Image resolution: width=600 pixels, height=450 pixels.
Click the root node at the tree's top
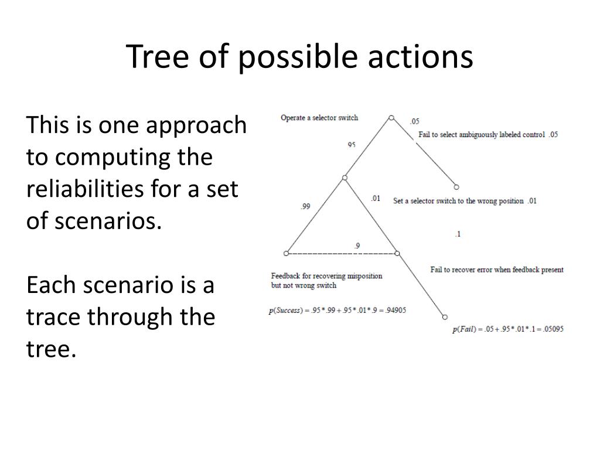click(391, 118)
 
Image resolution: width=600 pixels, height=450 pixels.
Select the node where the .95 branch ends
click(345, 177)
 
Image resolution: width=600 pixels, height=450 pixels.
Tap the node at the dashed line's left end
click(286, 253)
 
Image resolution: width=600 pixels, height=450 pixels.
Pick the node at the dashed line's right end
click(397, 253)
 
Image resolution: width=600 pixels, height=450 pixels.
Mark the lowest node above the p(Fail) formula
click(445, 316)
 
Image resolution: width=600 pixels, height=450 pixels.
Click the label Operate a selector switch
click(319, 118)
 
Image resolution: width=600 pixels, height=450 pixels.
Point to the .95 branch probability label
click(351, 144)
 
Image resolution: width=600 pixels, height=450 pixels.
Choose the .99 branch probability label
click(305, 206)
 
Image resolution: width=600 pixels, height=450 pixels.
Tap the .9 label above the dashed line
click(357, 245)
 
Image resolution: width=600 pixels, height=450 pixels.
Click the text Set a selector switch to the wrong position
click(459, 201)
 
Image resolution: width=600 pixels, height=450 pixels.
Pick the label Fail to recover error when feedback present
click(497, 270)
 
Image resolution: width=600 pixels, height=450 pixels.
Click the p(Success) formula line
click(337, 311)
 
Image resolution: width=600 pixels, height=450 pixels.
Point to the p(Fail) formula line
click(507, 329)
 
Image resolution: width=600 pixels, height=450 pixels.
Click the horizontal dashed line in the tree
click(341, 253)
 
